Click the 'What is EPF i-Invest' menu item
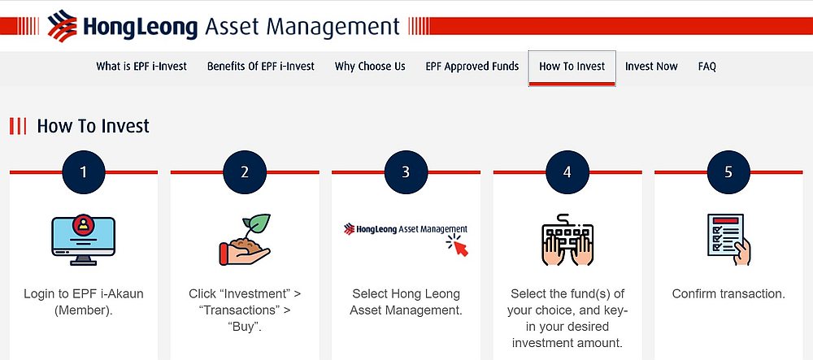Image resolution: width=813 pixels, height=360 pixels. [x=141, y=67]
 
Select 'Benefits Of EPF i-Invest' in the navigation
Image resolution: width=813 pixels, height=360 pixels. [x=260, y=67]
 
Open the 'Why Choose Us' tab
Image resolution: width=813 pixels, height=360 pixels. [x=370, y=67]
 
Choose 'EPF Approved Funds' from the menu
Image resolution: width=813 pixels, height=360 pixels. [x=472, y=67]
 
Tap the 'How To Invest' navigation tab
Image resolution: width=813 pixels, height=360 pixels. [x=572, y=67]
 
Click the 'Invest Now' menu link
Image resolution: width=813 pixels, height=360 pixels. [x=651, y=67]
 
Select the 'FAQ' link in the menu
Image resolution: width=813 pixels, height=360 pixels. [x=706, y=67]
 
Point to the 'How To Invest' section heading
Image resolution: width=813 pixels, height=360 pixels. [x=93, y=126]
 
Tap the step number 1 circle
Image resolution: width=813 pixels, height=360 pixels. [x=84, y=171]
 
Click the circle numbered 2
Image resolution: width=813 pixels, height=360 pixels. [x=245, y=171]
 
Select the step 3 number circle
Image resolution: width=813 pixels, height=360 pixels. [x=406, y=171]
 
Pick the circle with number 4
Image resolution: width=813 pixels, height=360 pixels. [x=567, y=171]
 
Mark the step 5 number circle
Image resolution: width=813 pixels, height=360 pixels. [x=728, y=171]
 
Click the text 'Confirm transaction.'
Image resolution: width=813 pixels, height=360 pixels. [x=728, y=293]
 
